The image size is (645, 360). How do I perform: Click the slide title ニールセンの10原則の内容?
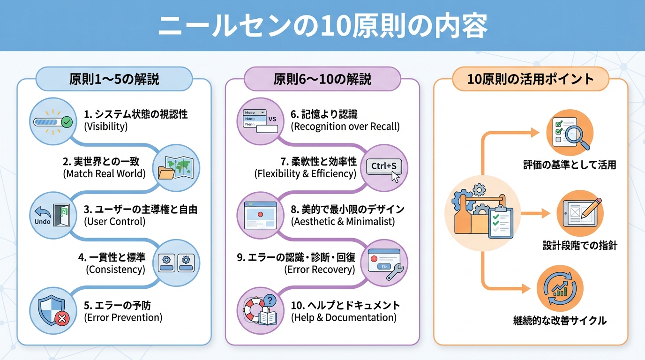click(x=322, y=26)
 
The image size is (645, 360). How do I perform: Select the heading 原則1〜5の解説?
click(x=114, y=79)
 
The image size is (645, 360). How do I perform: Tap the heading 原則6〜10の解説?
click(x=322, y=79)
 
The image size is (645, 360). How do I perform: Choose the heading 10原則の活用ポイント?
click(x=531, y=79)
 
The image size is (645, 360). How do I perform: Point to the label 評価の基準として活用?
click(x=570, y=165)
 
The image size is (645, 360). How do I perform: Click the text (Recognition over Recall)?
click(x=345, y=126)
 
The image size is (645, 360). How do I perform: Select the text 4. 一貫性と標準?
click(x=112, y=257)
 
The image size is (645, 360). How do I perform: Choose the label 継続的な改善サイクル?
click(x=560, y=321)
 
